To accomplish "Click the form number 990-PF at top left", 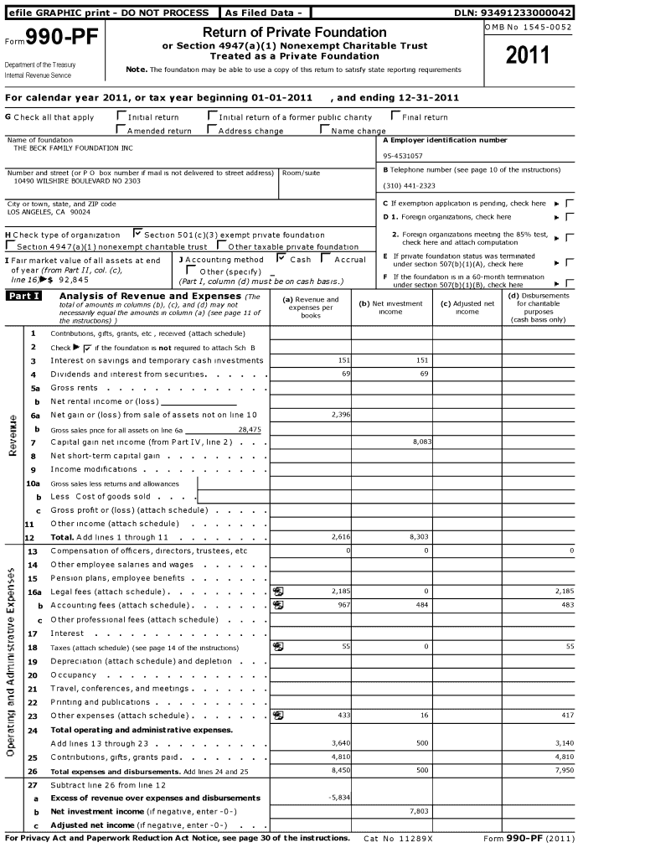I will point(54,39).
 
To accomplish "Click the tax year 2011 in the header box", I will point(529,56).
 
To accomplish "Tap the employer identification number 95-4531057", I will point(403,156).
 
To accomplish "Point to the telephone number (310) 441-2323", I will point(409,185).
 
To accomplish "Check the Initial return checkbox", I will point(121,116).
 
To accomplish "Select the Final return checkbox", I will point(395,116).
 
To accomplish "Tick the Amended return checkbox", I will point(121,130).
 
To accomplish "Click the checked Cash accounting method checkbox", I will point(282,258).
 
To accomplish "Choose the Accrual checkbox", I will point(327,258).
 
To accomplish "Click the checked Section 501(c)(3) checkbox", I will point(137,234).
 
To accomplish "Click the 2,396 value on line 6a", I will point(340,415).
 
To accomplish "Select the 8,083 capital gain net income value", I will point(421,441).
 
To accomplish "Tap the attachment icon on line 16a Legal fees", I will point(278,592).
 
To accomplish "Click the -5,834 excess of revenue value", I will point(338,798).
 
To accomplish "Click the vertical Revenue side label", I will point(13,435).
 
